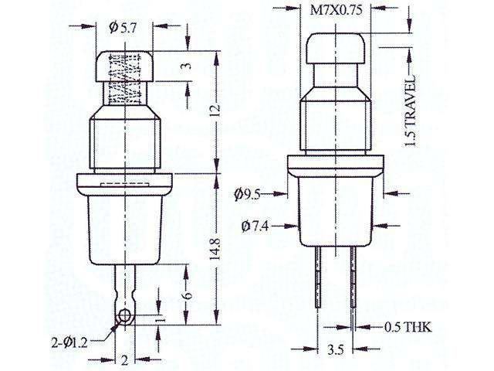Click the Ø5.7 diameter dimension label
[x=123, y=28]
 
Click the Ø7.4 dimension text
[x=255, y=226]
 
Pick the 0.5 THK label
[x=408, y=328]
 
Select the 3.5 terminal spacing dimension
[x=337, y=350]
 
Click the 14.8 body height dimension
[x=215, y=250]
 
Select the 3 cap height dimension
[x=185, y=66]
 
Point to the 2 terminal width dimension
[x=124, y=359]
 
